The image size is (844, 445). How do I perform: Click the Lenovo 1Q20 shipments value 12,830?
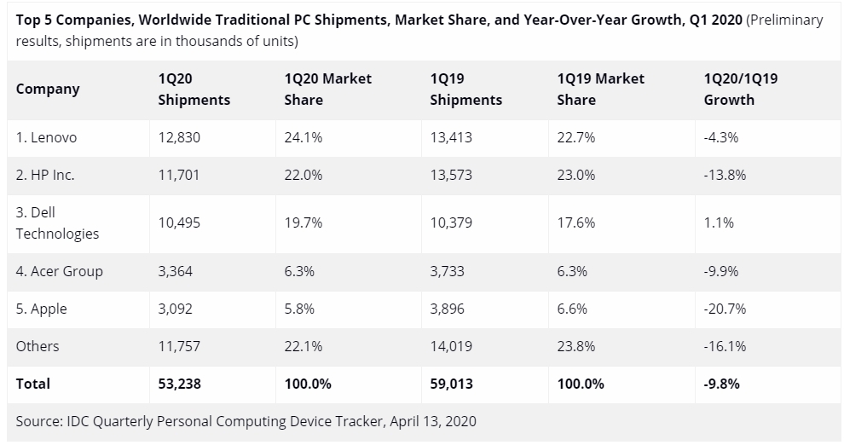pyautogui.click(x=179, y=137)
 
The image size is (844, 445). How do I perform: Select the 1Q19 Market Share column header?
pyautogui.click(x=600, y=89)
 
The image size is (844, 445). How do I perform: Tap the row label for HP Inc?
pyautogui.click(x=45, y=175)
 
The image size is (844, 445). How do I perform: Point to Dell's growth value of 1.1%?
pyautogui.click(x=718, y=222)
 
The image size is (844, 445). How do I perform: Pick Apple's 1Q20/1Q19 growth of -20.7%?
pyautogui.click(x=725, y=309)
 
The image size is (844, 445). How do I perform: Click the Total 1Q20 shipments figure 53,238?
pyautogui.click(x=180, y=384)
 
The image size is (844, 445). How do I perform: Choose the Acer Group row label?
pyautogui.click(x=59, y=271)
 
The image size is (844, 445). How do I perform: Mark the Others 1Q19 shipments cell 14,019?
pyautogui.click(x=452, y=346)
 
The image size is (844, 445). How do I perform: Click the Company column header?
pyautogui.click(x=48, y=89)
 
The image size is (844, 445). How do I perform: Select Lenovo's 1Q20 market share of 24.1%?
pyautogui.click(x=303, y=137)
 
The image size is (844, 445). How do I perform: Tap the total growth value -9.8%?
pyautogui.click(x=721, y=384)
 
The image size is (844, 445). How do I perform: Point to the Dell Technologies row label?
pyautogui.click(x=57, y=222)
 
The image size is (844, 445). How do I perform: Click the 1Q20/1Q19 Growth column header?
pyautogui.click(x=740, y=89)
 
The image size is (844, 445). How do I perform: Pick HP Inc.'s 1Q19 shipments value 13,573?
pyautogui.click(x=451, y=175)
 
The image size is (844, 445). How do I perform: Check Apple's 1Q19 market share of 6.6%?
pyautogui.click(x=572, y=309)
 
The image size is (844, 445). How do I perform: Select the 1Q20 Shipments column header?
pyautogui.click(x=194, y=89)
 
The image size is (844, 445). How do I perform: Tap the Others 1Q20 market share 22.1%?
pyautogui.click(x=303, y=346)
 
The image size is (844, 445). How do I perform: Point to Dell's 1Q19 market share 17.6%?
pyautogui.click(x=575, y=222)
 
